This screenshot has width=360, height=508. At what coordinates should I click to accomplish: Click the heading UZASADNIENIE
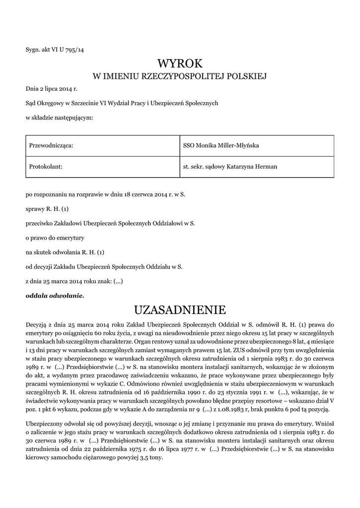pyautogui.click(x=180, y=310)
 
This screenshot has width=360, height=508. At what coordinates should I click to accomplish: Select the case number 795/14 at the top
pyautogui.click(x=73, y=49)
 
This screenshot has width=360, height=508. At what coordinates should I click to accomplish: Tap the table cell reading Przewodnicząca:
pyautogui.click(x=52, y=145)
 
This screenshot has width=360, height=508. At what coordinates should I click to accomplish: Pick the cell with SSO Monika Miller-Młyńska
pyautogui.click(x=221, y=145)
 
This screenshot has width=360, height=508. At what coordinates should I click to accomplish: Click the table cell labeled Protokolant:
pyautogui.click(x=46, y=167)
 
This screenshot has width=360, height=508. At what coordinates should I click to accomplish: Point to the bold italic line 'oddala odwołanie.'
pyautogui.click(x=55, y=296)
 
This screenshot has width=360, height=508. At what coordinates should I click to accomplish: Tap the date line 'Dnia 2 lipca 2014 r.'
pyautogui.click(x=52, y=89)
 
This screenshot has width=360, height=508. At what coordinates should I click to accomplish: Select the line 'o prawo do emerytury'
pyautogui.click(x=55, y=238)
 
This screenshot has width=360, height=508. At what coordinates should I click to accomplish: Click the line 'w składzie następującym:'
pyautogui.click(x=59, y=118)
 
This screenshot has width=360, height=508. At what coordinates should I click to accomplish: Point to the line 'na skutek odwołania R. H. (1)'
pyautogui.click(x=65, y=252)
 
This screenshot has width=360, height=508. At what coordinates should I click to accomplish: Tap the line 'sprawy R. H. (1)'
pyautogui.click(x=47, y=209)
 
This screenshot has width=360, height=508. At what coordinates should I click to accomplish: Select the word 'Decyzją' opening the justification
pyautogui.click(x=36, y=324)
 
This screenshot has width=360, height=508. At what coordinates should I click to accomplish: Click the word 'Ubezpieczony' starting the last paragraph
pyautogui.click(x=43, y=424)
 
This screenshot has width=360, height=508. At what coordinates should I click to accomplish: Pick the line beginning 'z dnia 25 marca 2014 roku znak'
pyautogui.click(x=74, y=281)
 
